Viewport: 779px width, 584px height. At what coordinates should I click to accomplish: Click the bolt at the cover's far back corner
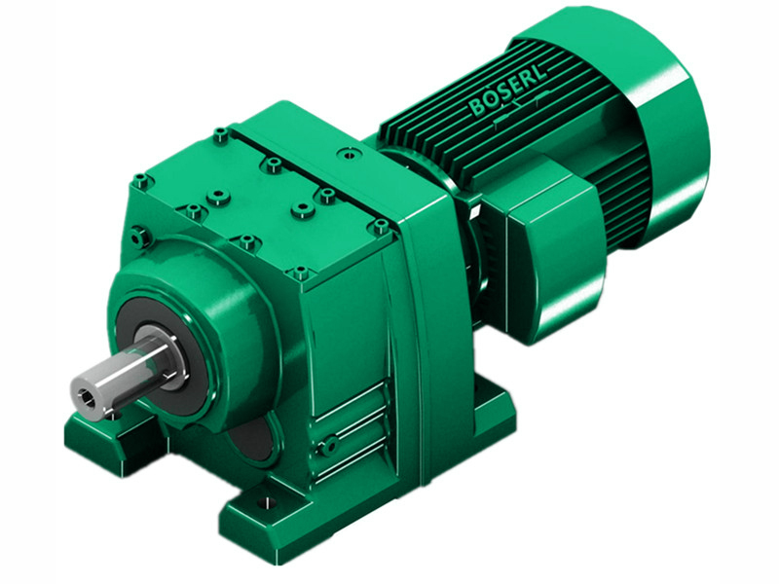coord(222,133)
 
